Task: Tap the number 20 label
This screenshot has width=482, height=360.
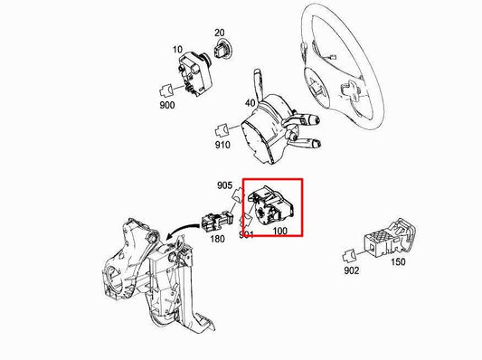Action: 220,33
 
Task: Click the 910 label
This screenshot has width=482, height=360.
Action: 222,143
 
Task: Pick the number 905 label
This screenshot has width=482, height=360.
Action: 225,185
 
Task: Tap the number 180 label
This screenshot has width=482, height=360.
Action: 218,239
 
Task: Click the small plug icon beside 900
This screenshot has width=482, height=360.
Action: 166,90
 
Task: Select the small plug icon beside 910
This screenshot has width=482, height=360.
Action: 222,128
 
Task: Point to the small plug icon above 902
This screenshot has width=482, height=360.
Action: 354,254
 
